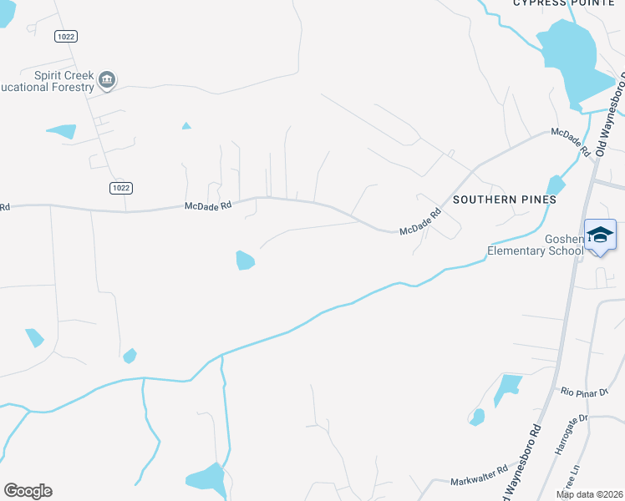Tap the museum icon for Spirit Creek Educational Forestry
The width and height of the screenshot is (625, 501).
[106, 80]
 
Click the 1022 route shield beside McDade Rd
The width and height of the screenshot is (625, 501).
[120, 188]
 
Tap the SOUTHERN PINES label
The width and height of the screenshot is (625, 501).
[504, 200]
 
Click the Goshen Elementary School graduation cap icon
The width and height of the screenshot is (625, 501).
[600, 235]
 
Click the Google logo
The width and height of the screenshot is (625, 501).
[28, 491]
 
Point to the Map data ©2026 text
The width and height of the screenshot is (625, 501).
[590, 494]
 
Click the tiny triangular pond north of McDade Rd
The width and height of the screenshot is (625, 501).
[186, 126]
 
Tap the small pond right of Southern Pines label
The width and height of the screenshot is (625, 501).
[555, 185]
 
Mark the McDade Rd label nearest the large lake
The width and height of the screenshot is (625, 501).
[571, 141]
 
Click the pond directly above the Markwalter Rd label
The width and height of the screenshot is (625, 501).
[477, 416]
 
